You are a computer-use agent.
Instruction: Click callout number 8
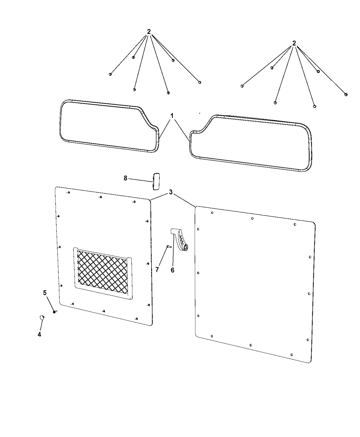click(x=125, y=178)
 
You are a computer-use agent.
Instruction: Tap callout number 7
click(x=157, y=270)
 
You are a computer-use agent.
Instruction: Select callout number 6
click(x=172, y=270)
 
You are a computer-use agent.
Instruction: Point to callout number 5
click(x=45, y=293)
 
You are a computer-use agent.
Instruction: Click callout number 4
click(x=39, y=335)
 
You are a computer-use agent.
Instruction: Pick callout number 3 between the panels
click(x=171, y=192)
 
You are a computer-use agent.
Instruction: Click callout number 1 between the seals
click(x=172, y=116)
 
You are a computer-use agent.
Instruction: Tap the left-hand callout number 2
click(x=149, y=32)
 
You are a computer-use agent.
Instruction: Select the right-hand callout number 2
click(x=294, y=43)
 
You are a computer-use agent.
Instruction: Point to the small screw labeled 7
click(x=169, y=247)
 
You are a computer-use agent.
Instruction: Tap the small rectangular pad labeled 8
click(x=156, y=181)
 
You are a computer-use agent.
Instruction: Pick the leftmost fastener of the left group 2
click(x=110, y=74)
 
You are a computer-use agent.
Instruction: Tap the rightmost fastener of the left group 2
click(x=200, y=82)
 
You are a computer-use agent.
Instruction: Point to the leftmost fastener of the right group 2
click(x=242, y=86)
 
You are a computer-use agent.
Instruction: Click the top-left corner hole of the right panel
click(x=212, y=213)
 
